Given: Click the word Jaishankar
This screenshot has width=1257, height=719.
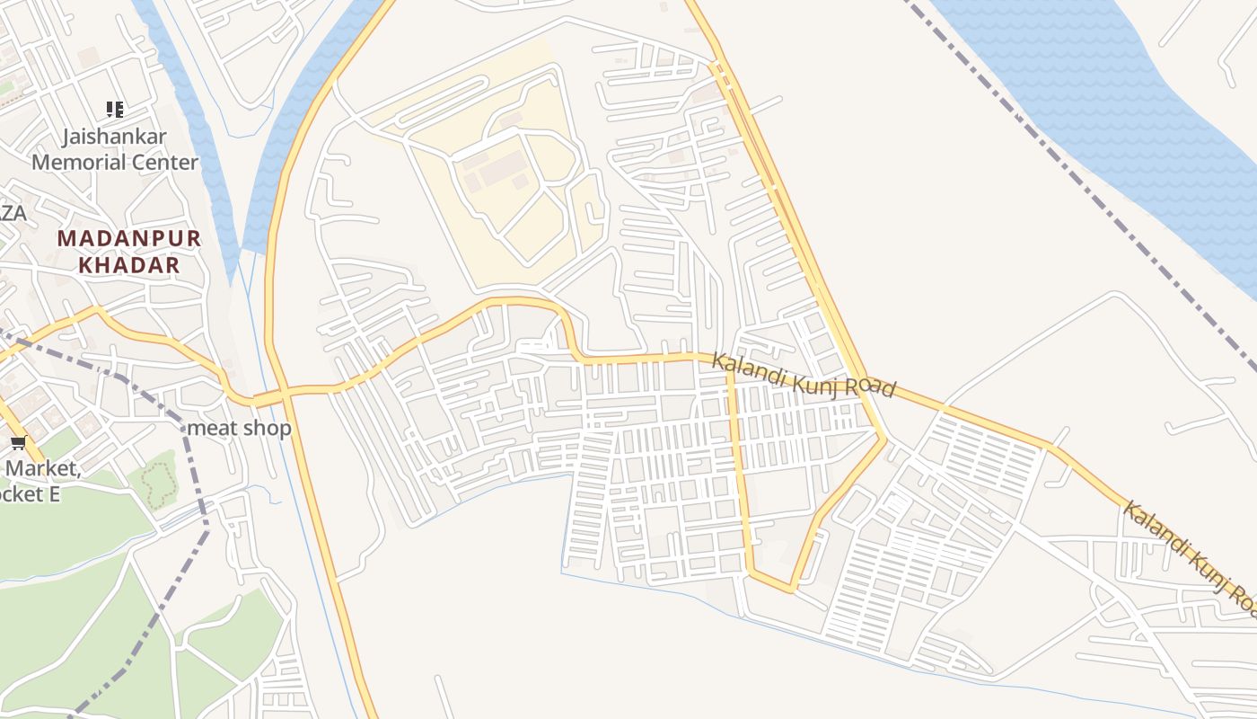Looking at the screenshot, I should click(114, 138).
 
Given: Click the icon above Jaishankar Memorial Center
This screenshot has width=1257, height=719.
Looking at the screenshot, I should click(114, 110).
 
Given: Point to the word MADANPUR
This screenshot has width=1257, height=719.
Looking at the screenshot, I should click(129, 239).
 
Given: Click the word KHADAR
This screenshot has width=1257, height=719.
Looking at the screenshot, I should click(129, 265).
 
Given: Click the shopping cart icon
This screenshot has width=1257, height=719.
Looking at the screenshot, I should click(18, 442).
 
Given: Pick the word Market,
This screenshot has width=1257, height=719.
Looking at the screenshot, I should click(42, 468).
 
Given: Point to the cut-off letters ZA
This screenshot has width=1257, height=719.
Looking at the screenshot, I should click(13, 214).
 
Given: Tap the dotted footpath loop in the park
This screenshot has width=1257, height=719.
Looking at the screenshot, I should click(159, 485).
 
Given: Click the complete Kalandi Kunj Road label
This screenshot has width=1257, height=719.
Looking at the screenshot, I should click(804, 375).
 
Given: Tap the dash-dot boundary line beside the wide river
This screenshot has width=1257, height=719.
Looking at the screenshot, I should click(1077, 180).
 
